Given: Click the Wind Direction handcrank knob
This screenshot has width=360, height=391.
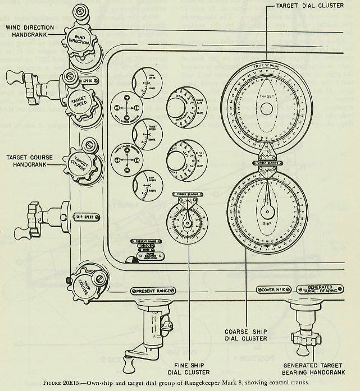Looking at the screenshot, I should click(79, 43).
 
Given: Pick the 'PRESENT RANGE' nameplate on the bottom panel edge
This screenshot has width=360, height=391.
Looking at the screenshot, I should click(151, 292).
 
